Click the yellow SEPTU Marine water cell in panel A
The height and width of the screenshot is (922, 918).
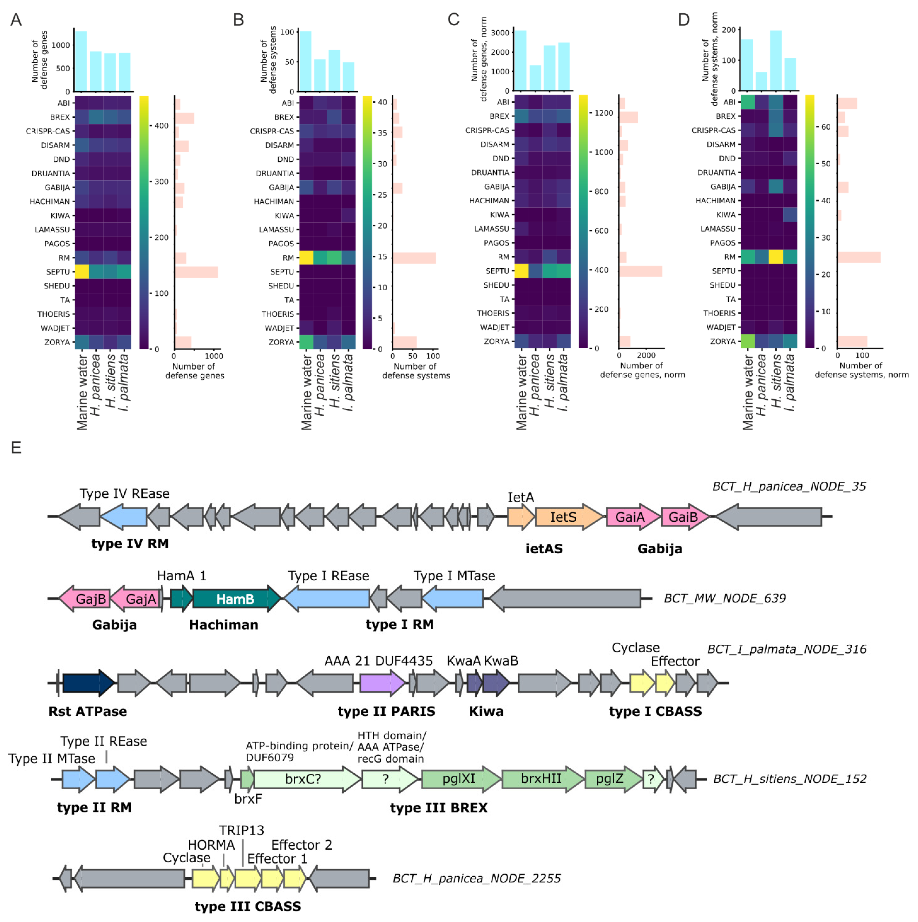click(82, 272)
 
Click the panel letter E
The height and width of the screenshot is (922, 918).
click(16, 448)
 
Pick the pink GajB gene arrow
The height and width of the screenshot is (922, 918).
click(86, 599)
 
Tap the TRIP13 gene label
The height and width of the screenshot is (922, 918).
click(242, 830)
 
